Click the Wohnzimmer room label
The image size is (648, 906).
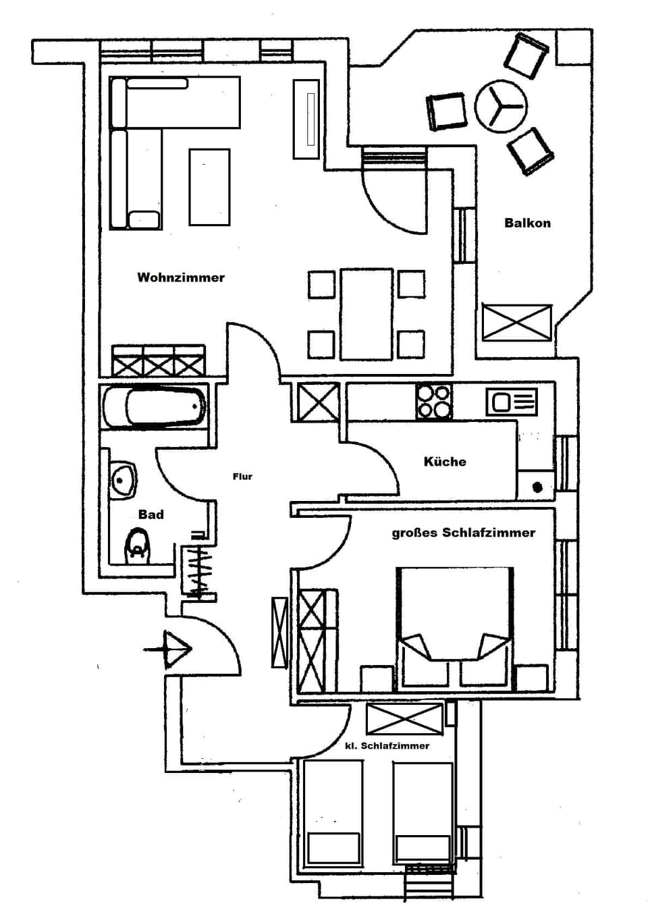[x=180, y=277]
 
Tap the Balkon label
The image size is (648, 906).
[x=527, y=223]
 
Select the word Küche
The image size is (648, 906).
[x=445, y=462]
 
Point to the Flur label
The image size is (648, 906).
[x=242, y=477]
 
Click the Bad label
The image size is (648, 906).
[x=151, y=514]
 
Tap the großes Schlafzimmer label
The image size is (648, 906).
[x=463, y=533]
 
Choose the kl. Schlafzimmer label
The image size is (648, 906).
[x=387, y=745]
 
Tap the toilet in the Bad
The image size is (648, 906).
[x=137, y=545]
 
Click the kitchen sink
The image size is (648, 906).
[x=511, y=403]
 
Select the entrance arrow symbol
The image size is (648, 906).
[x=171, y=649]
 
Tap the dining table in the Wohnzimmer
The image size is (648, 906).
[x=366, y=314]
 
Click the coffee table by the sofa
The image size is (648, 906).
[x=209, y=186]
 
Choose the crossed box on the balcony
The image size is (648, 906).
[x=517, y=323]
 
